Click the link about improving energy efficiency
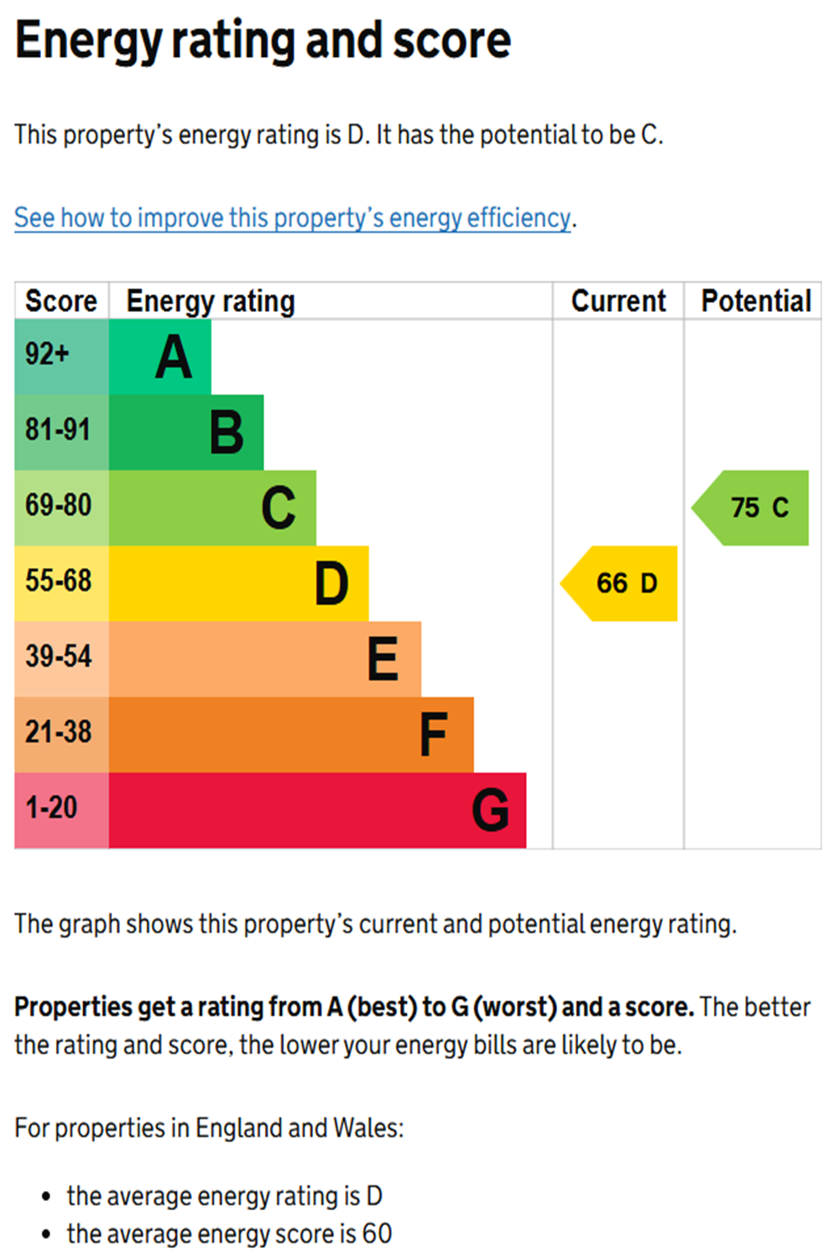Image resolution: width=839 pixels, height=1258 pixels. click(292, 218)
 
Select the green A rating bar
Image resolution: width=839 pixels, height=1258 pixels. click(159, 357)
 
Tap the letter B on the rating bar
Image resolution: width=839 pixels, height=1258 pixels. click(227, 433)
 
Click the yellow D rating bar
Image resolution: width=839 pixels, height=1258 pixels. click(238, 584)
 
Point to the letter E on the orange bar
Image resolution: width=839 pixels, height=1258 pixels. click(383, 659)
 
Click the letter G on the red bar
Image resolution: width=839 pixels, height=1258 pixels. click(490, 810)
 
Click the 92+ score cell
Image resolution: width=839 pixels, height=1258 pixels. click(60, 356)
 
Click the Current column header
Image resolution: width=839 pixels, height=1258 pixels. click(618, 301)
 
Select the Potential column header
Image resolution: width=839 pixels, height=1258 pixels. click(756, 301)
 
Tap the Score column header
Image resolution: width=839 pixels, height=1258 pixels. click(61, 301)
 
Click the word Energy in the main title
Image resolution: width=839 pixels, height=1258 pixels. click(88, 40)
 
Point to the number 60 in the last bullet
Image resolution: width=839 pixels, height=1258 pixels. click(377, 1234)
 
